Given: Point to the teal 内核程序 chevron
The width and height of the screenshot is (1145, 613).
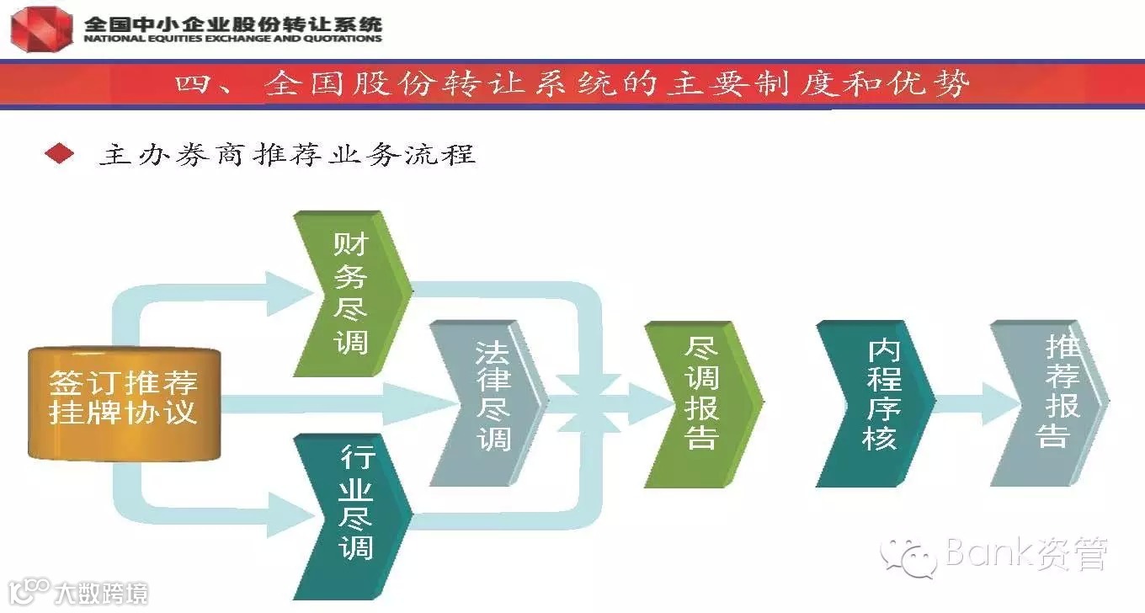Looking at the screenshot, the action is click(x=876, y=402).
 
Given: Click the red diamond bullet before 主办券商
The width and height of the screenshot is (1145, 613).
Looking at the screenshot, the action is click(x=60, y=154).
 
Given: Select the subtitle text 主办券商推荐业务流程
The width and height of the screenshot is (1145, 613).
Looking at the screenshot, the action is click(x=287, y=155).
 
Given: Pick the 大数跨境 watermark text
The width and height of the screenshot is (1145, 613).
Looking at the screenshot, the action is click(x=101, y=593).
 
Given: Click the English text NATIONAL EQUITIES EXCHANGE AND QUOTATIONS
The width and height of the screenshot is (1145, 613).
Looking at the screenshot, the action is click(x=232, y=38).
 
